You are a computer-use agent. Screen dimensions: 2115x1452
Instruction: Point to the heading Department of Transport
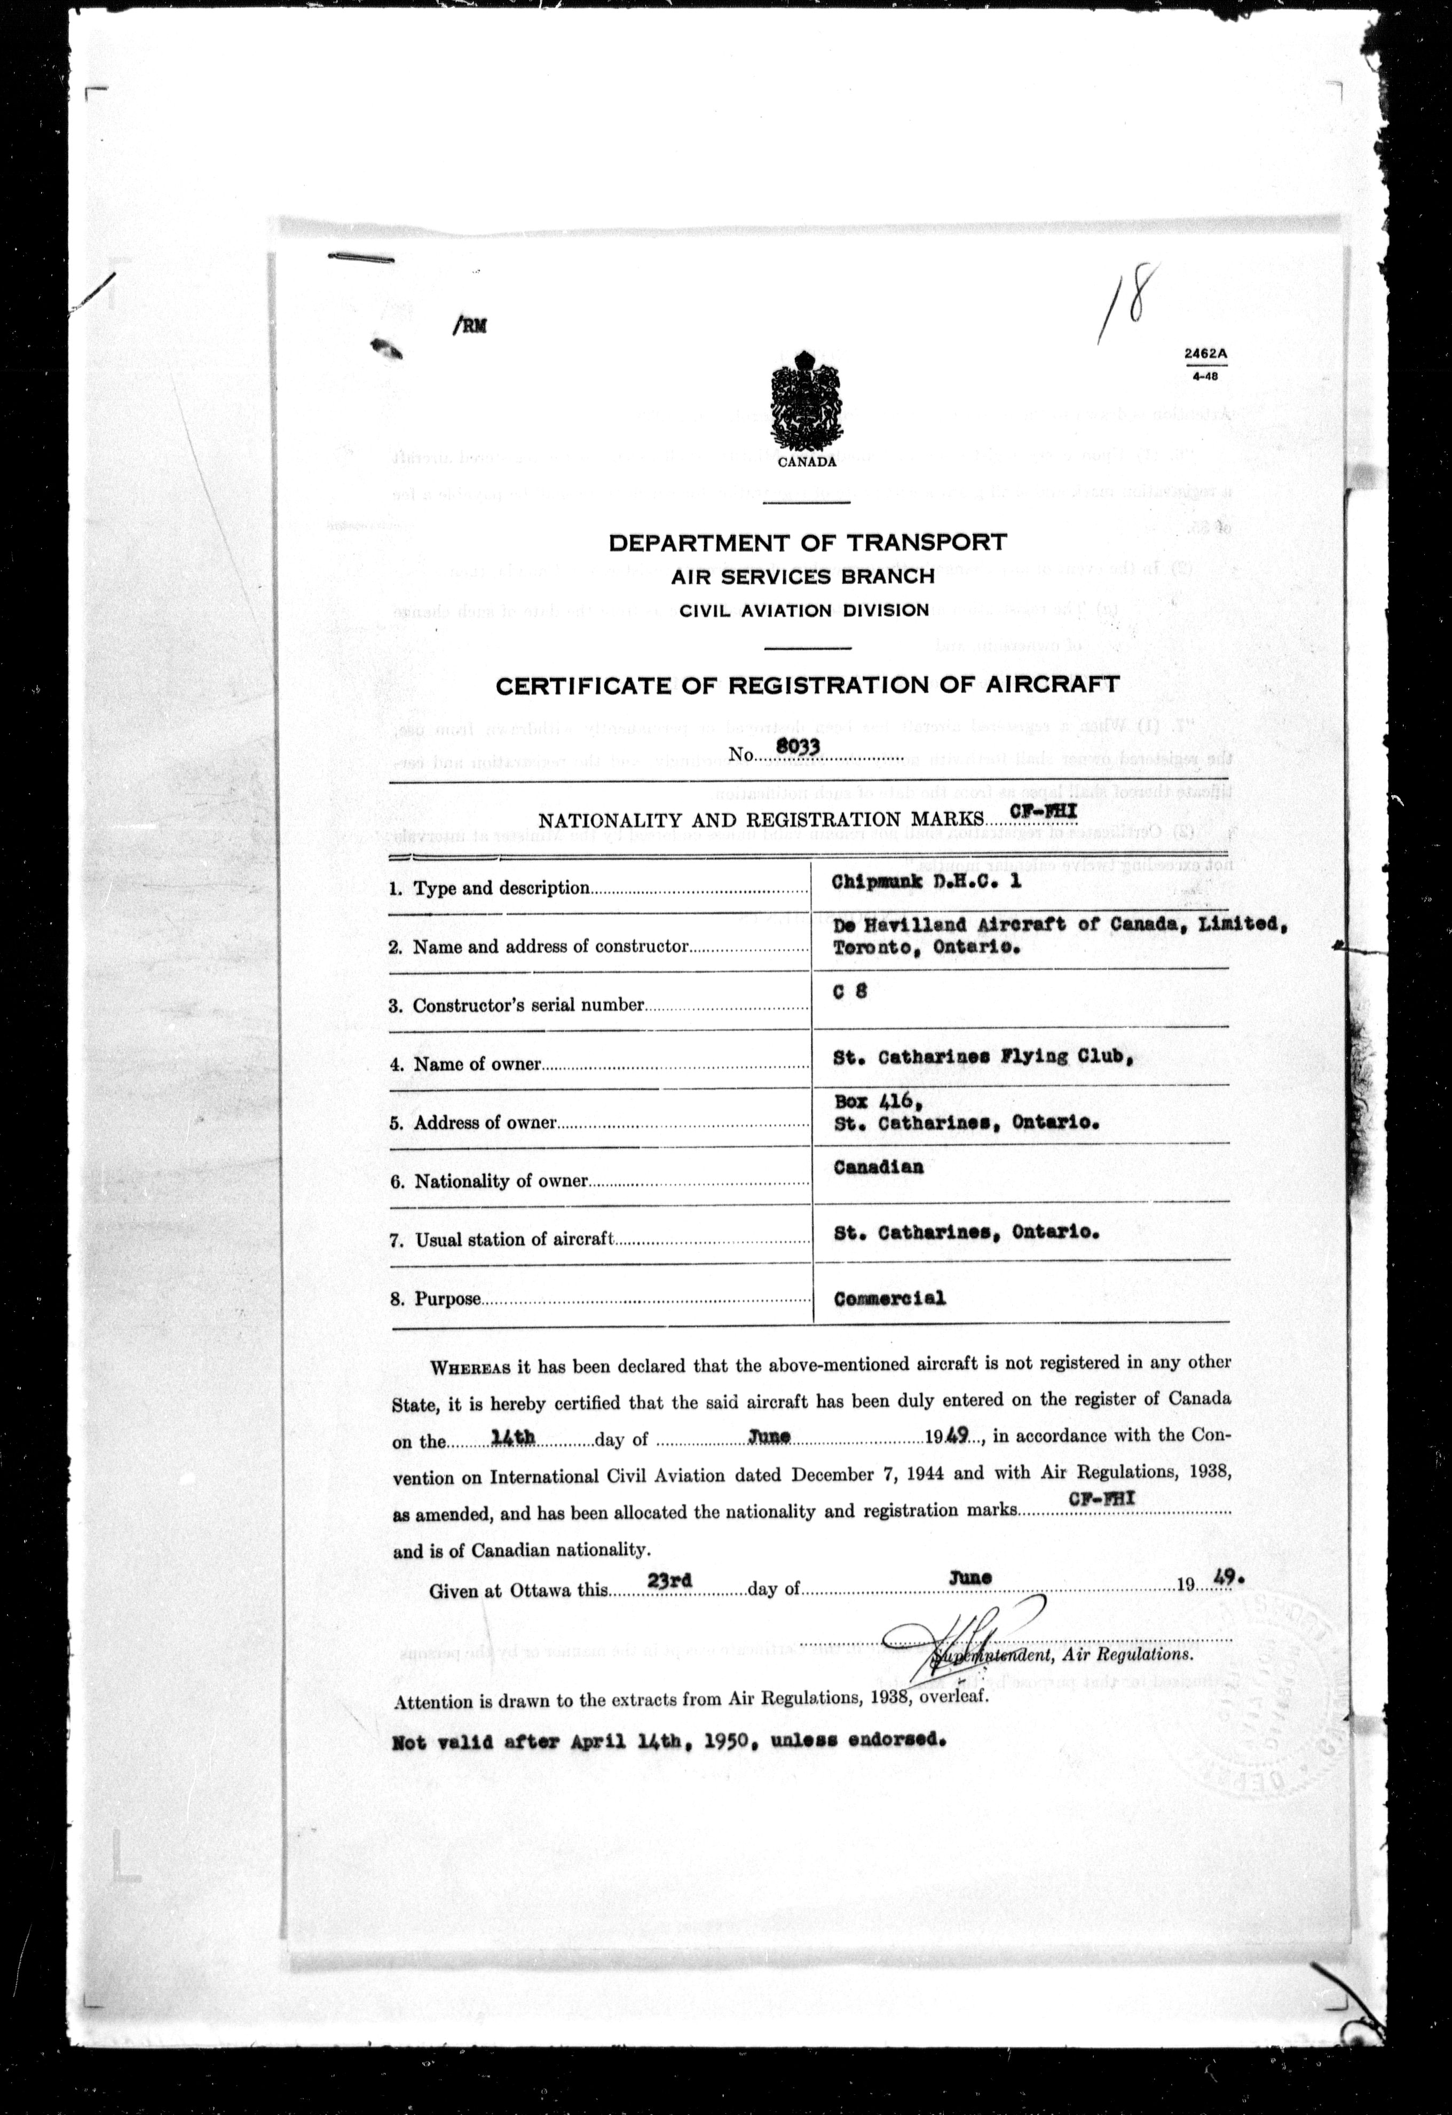coord(807,543)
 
